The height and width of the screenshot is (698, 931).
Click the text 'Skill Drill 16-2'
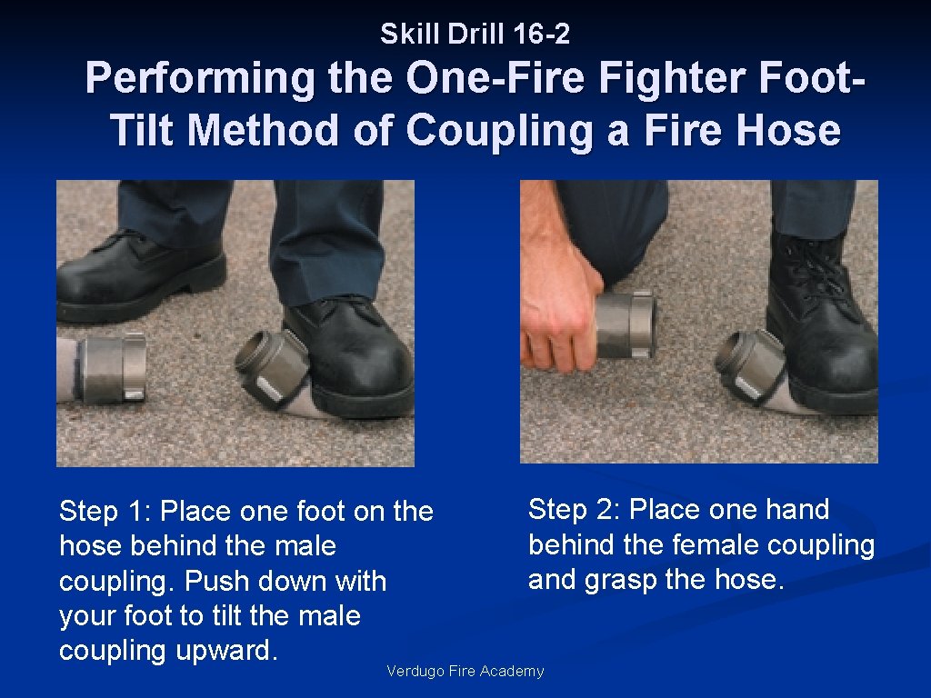point(475,35)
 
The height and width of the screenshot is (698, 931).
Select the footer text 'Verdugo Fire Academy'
point(465,672)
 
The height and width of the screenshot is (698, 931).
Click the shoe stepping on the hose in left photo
point(350,359)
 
